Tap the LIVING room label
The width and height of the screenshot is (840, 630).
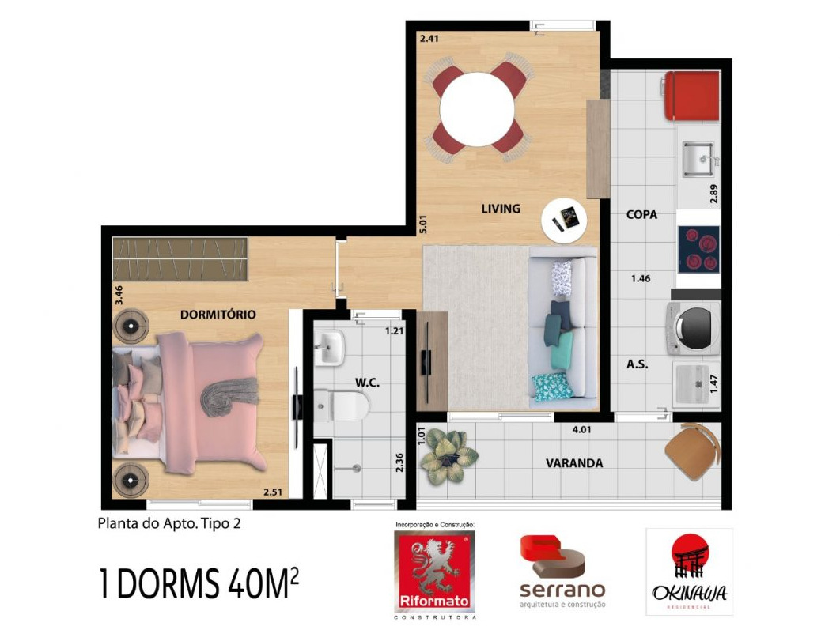(501, 209)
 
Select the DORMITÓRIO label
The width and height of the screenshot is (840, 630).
(218, 315)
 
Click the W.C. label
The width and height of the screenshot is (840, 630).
(367, 383)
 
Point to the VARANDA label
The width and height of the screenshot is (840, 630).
(573, 463)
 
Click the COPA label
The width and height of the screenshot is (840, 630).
(641, 214)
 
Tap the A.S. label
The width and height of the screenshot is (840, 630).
(638, 364)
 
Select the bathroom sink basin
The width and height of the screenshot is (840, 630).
(329, 348)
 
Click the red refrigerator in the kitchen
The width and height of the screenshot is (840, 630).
(691, 96)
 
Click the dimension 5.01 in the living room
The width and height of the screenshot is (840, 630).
(424, 224)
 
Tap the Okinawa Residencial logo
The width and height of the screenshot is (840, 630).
(689, 572)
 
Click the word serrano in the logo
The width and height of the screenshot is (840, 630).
(562, 590)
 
